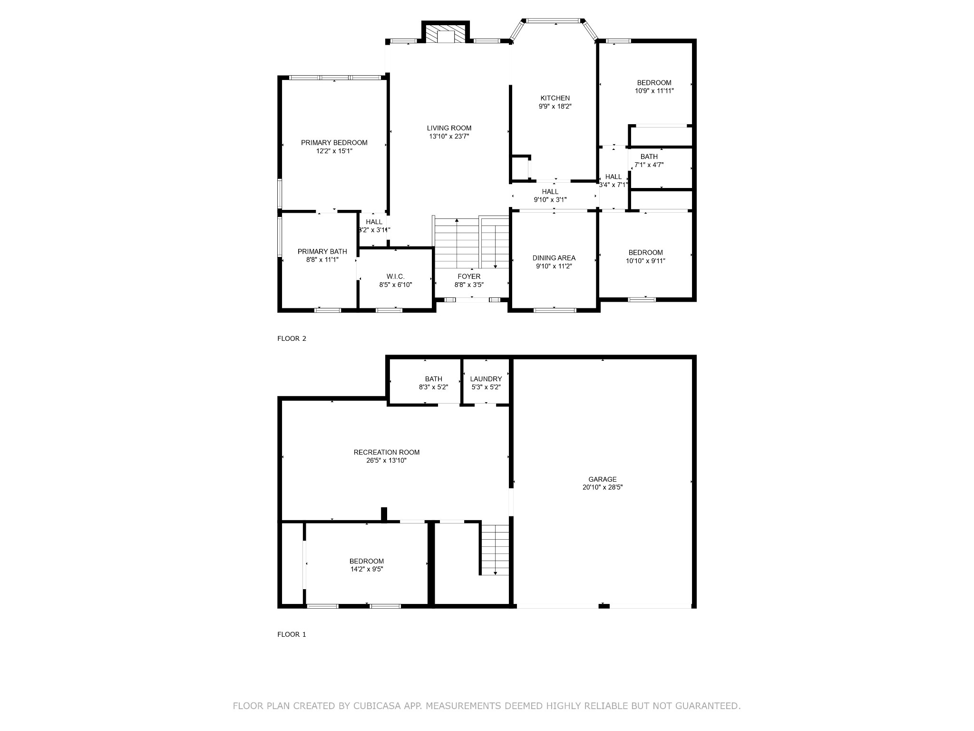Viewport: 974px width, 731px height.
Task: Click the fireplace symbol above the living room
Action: click(x=446, y=33)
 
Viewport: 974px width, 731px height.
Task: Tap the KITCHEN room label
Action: click(x=555, y=99)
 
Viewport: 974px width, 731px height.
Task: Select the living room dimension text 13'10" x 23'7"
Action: click(x=449, y=137)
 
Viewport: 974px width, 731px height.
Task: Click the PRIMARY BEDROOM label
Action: click(x=334, y=143)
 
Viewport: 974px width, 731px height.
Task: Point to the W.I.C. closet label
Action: click(x=396, y=277)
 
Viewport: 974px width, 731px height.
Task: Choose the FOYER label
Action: click(x=469, y=277)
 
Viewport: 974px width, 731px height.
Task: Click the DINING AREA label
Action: click(x=554, y=258)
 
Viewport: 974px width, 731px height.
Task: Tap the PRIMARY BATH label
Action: click(x=322, y=251)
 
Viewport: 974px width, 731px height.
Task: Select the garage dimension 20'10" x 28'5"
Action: click(x=603, y=487)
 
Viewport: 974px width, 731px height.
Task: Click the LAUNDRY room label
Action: click(x=486, y=379)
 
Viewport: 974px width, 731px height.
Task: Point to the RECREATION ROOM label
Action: click(x=387, y=452)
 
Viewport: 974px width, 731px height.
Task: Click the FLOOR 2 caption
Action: click(x=292, y=339)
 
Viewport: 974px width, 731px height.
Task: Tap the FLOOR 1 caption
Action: click(x=292, y=634)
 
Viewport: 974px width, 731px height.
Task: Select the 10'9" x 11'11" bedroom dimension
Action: click(x=654, y=91)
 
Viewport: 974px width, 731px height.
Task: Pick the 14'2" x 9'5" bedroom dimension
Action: click(x=367, y=569)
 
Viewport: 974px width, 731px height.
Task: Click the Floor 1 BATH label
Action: click(x=434, y=379)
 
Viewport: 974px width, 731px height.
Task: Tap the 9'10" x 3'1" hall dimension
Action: click(x=550, y=200)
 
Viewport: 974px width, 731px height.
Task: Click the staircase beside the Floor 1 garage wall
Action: click(x=495, y=550)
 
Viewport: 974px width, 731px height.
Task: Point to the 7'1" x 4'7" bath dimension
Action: click(x=649, y=165)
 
